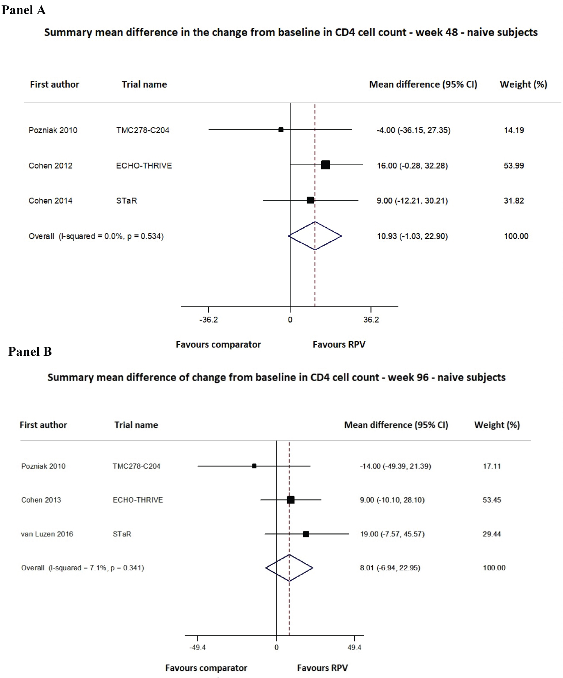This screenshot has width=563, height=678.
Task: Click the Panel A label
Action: click(x=24, y=10)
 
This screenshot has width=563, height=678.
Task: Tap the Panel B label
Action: click(x=30, y=351)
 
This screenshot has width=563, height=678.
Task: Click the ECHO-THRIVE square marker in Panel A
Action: click(x=325, y=165)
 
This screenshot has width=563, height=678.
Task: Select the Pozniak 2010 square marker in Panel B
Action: click(x=254, y=466)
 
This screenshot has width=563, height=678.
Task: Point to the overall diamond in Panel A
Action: click(x=315, y=236)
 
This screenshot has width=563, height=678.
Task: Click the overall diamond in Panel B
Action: click(x=289, y=568)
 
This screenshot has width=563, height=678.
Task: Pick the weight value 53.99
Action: click(x=513, y=166)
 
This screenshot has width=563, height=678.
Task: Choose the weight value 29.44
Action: click(x=492, y=534)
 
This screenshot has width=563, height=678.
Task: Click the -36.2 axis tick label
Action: click(x=208, y=320)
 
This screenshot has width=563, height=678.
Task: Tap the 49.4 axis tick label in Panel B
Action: click(x=354, y=647)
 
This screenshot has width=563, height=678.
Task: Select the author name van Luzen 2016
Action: click(x=47, y=534)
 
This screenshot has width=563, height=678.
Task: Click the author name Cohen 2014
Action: click(x=50, y=201)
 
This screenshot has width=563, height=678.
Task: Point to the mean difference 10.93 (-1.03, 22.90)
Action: click(x=412, y=236)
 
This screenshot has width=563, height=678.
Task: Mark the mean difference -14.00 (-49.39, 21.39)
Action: click(x=395, y=466)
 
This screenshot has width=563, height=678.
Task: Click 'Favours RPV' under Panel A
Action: click(x=339, y=344)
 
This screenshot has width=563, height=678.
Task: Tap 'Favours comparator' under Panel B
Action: click(x=206, y=668)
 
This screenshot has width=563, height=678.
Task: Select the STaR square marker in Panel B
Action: click(x=306, y=534)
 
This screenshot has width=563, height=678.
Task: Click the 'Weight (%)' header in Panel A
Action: click(x=523, y=85)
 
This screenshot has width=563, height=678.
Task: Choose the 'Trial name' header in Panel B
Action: click(x=136, y=425)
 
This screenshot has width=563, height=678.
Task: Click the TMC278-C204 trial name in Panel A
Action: click(x=143, y=130)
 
